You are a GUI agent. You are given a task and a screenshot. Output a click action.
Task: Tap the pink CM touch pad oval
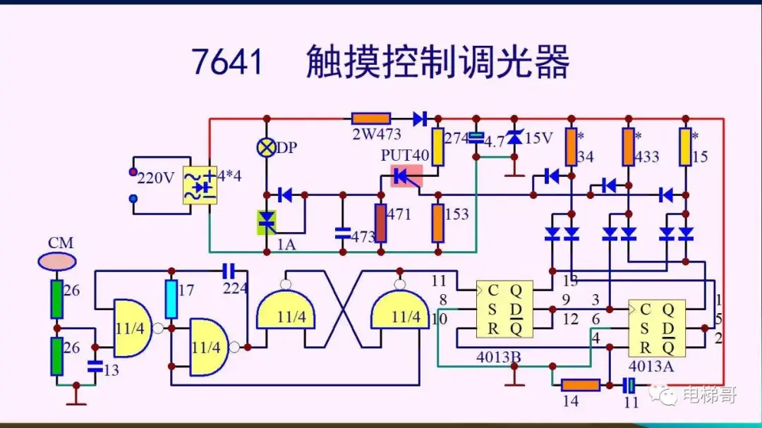click(56, 262)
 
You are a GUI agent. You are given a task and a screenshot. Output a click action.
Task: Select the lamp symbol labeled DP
click(267, 147)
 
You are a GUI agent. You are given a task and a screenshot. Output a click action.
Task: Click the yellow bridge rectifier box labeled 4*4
click(199, 185)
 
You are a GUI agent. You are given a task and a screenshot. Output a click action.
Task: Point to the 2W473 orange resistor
click(371, 118)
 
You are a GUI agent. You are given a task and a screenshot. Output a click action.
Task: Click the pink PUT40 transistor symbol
click(406, 176)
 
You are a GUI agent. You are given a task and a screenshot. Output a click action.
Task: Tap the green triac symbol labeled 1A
click(266, 221)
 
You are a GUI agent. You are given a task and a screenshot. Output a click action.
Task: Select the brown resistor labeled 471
click(381, 224)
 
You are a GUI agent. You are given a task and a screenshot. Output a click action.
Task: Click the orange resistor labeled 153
click(437, 223)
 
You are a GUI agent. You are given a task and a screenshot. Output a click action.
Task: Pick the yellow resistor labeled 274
click(437, 147)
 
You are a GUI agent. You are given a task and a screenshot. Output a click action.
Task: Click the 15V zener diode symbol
click(514, 138)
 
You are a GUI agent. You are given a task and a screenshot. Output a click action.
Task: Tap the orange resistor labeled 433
click(628, 147)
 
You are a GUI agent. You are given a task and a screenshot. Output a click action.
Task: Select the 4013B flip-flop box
click(504, 310)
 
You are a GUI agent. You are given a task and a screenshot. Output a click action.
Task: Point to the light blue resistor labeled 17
click(171, 299)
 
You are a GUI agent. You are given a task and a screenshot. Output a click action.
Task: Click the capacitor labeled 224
click(228, 270)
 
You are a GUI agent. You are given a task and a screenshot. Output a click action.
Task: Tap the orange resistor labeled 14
click(581, 385)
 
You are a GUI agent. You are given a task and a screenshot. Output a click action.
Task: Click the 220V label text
click(155, 178)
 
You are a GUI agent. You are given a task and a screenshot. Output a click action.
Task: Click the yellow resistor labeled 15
click(684, 147)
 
